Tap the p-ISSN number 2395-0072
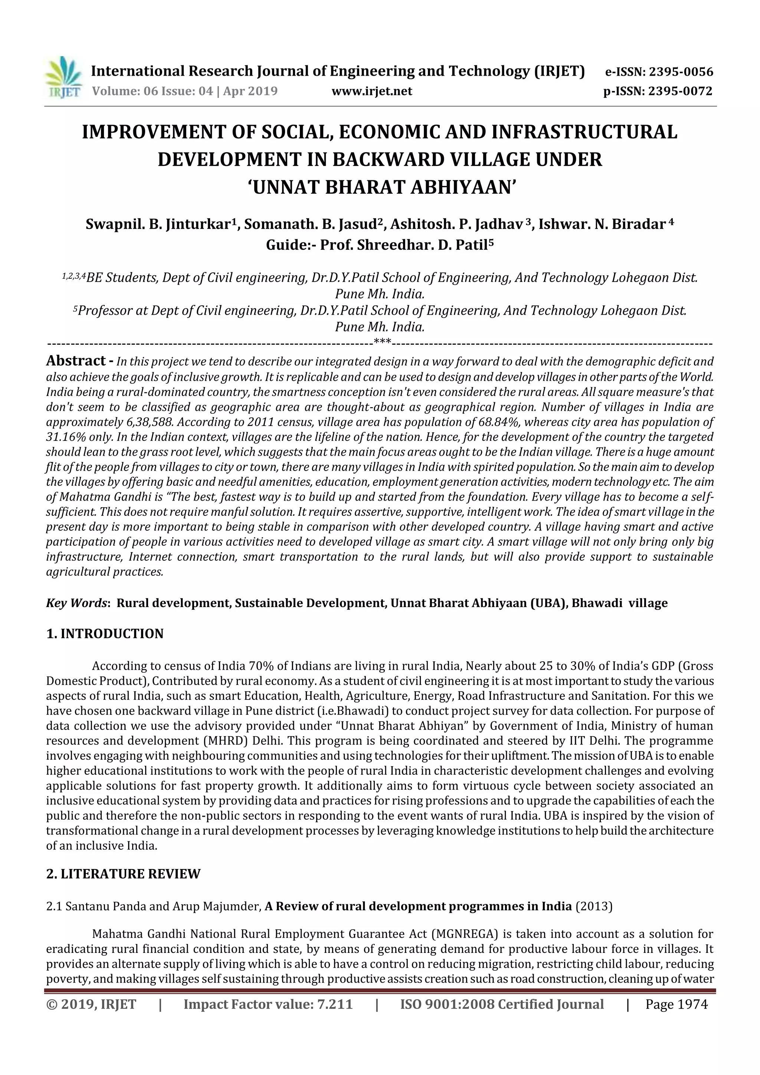(680, 91)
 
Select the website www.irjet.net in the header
(371, 91)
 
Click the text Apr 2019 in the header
(250, 91)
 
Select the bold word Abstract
(76, 361)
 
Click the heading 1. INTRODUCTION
(105, 633)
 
